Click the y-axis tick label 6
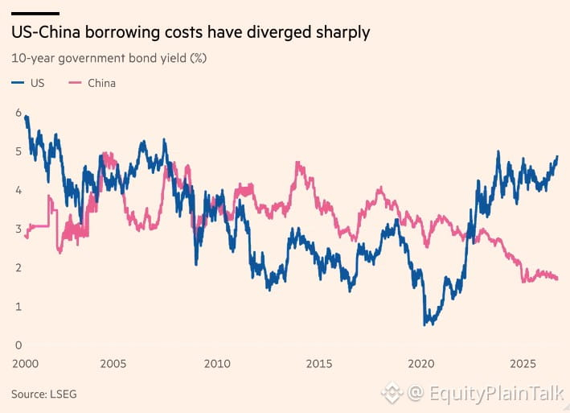pos(18,113)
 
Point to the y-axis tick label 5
pos(18,151)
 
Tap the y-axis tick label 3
pos(18,229)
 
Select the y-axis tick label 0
pos(18,345)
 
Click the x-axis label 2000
pos(25,364)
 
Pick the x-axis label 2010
pos(217,364)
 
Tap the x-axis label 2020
pos(421,364)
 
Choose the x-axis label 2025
pos(523,364)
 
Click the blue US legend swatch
pos(18,83)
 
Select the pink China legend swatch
pos(76,83)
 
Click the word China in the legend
pos(102,83)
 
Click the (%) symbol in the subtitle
pos(199,58)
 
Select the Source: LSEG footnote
pos(44,394)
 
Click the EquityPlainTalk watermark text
pos(497,394)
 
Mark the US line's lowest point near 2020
pos(424,325)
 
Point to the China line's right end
pos(557,279)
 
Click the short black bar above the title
pos(35,14)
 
